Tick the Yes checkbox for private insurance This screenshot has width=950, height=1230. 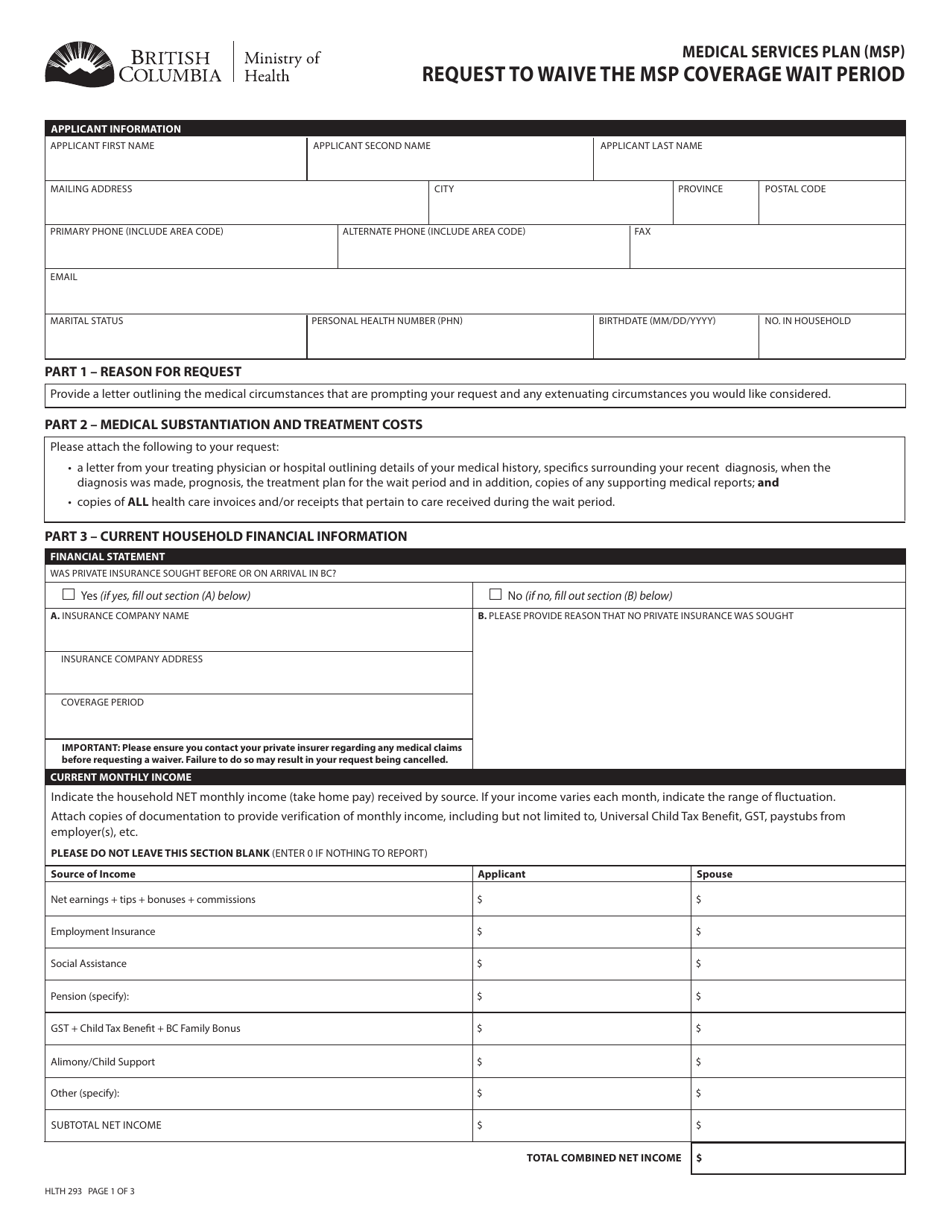pyautogui.click(x=69, y=594)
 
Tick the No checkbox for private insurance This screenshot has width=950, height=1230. pyautogui.click(x=495, y=594)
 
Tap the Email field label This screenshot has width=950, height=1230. pyautogui.click(x=64, y=277)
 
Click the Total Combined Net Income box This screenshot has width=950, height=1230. pyautogui.click(x=797, y=1158)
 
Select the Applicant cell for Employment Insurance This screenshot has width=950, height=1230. pyautogui.click(x=581, y=932)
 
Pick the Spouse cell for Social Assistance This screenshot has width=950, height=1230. pyautogui.click(x=797, y=964)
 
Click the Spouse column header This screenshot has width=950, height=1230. pyautogui.click(x=714, y=874)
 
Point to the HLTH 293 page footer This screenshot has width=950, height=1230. pyautogui.click(x=90, y=1191)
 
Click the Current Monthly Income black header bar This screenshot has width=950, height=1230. pyautogui.click(x=474, y=777)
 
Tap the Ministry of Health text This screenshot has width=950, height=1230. pyautogui.click(x=282, y=67)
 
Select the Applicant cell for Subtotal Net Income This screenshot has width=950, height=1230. pyautogui.click(x=581, y=1125)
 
